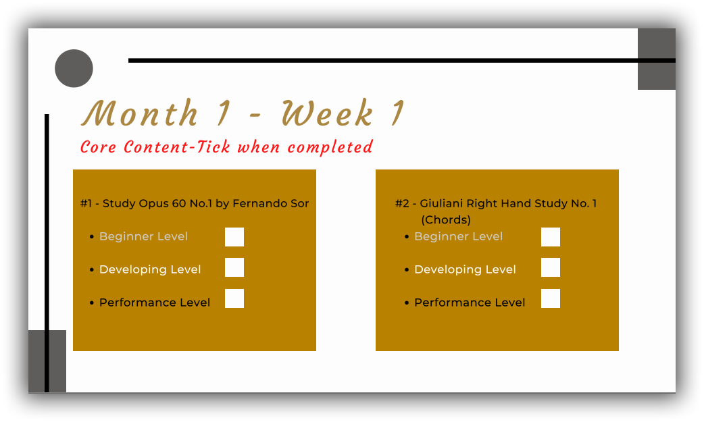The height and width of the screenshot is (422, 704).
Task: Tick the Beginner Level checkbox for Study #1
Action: pos(234,237)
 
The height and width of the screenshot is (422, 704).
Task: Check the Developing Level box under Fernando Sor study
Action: pos(234,267)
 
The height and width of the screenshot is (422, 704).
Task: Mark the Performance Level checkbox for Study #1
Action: pos(234,298)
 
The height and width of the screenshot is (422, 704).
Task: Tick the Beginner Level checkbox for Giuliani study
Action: pos(551,237)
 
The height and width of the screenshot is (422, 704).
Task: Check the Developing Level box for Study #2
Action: pos(551,267)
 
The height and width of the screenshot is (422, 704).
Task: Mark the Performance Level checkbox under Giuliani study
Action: pos(551,298)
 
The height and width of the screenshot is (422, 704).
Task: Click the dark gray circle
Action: pos(74,68)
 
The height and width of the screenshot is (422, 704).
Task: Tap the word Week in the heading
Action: pos(327,113)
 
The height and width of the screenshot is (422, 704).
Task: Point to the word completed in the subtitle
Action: pos(330,147)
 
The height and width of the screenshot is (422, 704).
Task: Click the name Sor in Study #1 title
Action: pos(299,203)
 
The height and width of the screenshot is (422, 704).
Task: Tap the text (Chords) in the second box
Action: pos(446,219)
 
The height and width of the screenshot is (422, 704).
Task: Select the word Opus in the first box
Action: pos(152,203)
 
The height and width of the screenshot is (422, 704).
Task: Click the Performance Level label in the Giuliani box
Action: pos(470,302)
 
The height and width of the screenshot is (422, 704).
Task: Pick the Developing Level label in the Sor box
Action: pos(150,269)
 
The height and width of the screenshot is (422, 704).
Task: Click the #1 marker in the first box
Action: pos(86,203)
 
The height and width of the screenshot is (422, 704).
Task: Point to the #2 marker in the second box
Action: pos(402,203)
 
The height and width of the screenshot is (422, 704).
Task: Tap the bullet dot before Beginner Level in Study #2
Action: pos(407,237)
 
